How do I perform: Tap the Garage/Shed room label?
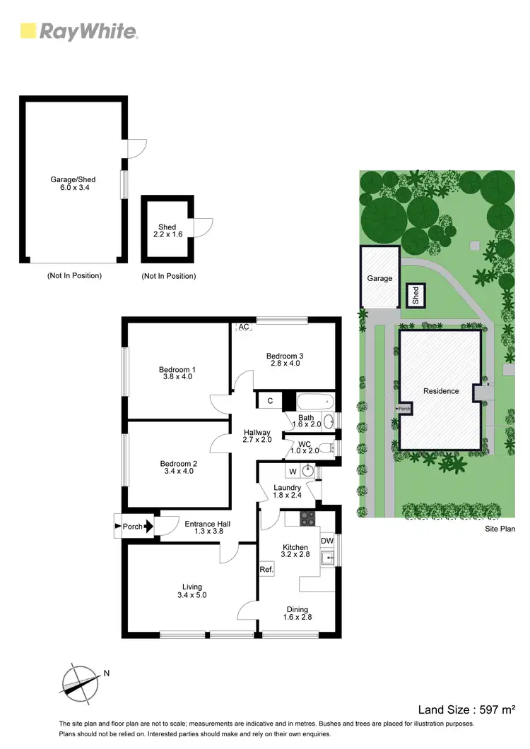[x=73, y=184]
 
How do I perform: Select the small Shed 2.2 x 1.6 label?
[x=167, y=230]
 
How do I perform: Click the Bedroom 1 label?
[x=177, y=373]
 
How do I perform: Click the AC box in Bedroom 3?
[x=244, y=328]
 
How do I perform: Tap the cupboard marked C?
[x=270, y=401]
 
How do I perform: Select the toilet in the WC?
[x=324, y=446]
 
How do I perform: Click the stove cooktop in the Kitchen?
[x=307, y=519]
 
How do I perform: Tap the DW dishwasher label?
[x=326, y=541]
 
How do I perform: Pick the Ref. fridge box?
[x=266, y=569]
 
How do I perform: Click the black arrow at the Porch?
[x=148, y=525]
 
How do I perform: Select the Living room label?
[x=192, y=591]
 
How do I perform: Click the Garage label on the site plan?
[x=379, y=278]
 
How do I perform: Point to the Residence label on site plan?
[x=441, y=390]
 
